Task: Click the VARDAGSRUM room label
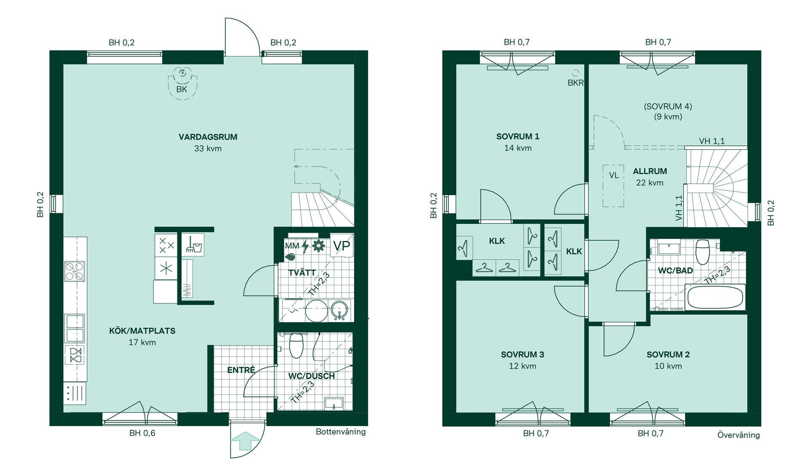point(208,137)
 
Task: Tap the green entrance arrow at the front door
point(246,441)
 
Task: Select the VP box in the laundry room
point(341,246)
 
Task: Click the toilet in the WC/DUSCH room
point(297,345)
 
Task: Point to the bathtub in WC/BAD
point(715,298)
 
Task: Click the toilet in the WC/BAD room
point(702,252)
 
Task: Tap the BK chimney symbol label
point(182,89)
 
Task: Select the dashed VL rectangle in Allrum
point(613,186)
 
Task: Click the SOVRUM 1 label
point(518,137)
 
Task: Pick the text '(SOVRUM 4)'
point(668,107)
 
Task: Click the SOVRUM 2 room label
point(668,355)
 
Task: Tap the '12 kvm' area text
point(522,366)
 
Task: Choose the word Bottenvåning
point(340,432)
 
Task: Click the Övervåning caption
point(739,435)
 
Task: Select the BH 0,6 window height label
point(142,433)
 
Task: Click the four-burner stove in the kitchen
point(75,271)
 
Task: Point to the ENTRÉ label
point(241,370)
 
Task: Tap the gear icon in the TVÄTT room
point(319,246)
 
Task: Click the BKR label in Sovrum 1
point(576,83)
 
